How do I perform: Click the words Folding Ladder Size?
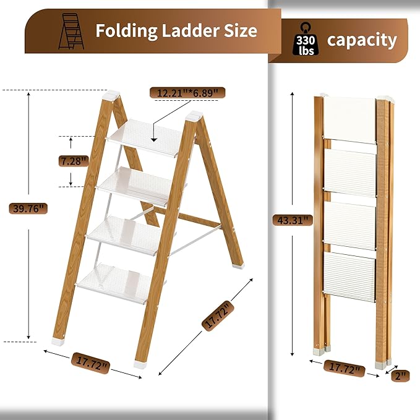click(x=176, y=31)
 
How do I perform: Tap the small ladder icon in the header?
click(x=71, y=32)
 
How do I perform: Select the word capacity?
click(x=362, y=41)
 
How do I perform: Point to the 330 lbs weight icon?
click(x=306, y=40)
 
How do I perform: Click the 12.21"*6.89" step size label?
click(x=187, y=93)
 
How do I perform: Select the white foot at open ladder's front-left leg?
click(x=59, y=339)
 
